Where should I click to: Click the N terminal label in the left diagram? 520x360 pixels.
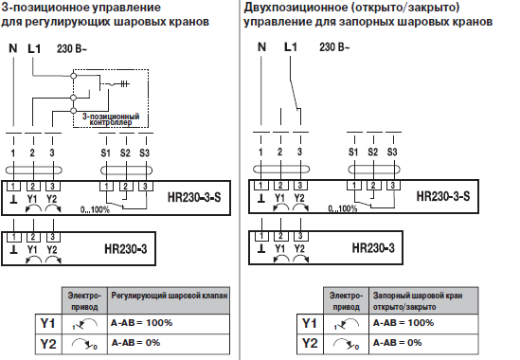(13, 46)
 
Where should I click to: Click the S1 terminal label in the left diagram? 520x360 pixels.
(105, 152)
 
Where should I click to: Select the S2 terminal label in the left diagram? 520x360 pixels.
(125, 152)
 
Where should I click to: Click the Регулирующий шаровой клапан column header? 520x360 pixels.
(167, 296)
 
